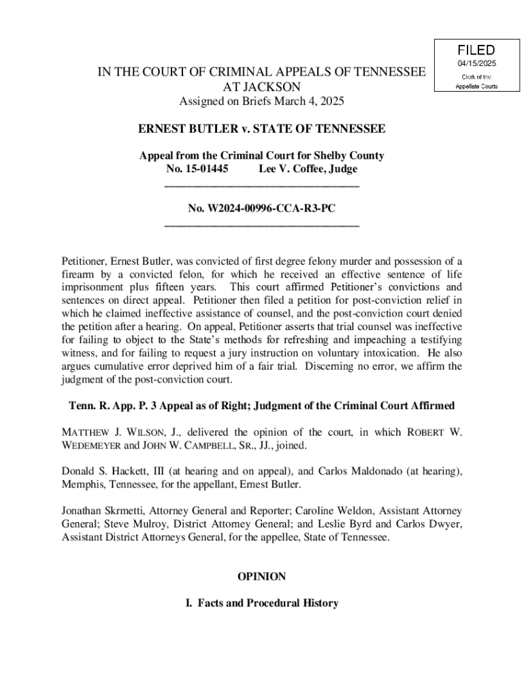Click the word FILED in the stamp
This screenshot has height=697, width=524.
tap(476, 50)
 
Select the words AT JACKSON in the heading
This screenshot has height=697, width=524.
tap(262, 87)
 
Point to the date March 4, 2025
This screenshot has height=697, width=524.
tap(305, 101)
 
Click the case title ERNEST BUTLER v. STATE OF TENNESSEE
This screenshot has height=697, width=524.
tap(262, 129)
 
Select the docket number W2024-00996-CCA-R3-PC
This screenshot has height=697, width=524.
tap(272, 208)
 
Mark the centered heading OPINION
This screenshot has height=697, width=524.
tap(262, 577)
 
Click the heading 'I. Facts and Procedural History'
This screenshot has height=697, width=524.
tap(262, 603)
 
